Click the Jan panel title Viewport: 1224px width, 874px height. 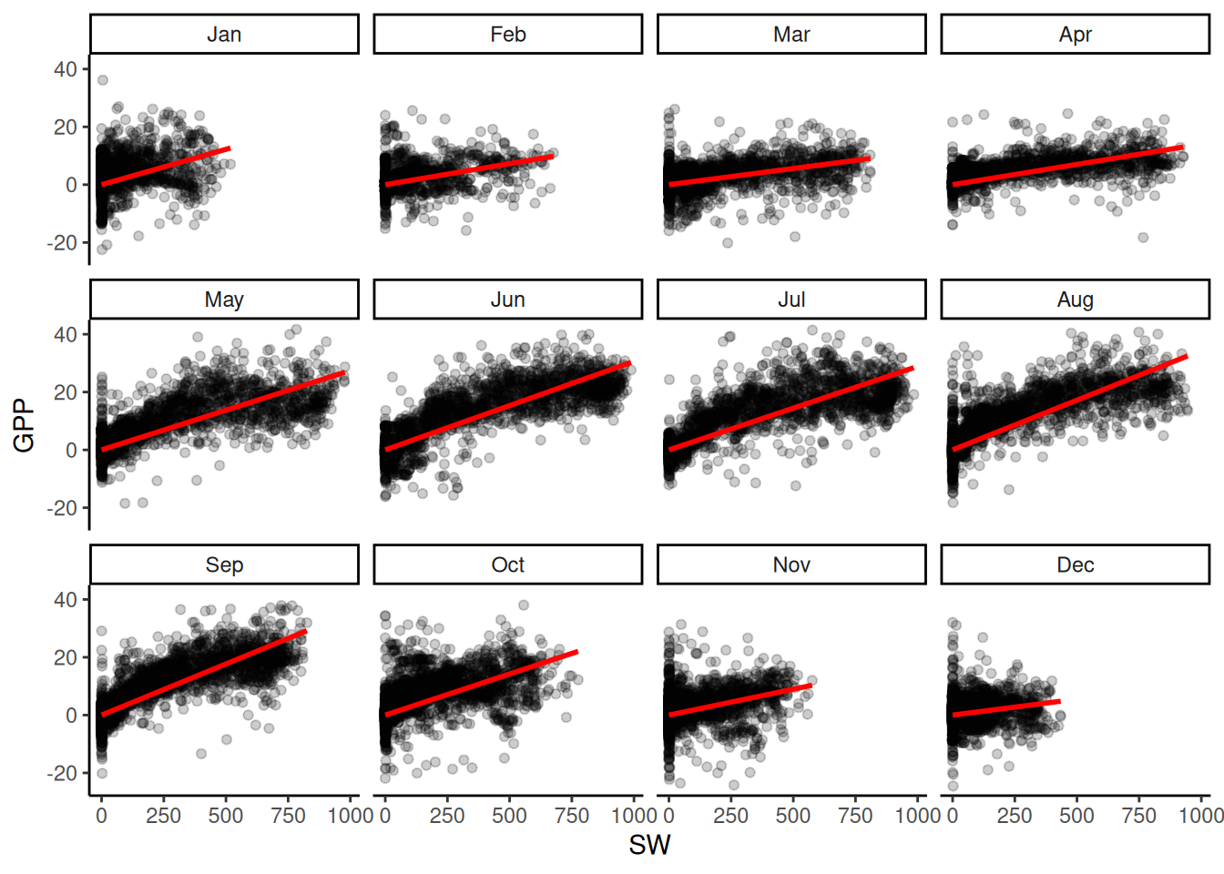click(224, 35)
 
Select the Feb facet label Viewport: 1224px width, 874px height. click(507, 35)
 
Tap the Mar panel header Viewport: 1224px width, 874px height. click(791, 35)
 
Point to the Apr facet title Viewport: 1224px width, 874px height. click(1075, 35)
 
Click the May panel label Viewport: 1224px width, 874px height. click(224, 300)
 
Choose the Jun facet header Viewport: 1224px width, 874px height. click(507, 300)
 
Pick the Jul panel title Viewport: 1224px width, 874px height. click(791, 300)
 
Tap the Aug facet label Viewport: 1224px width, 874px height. click(1075, 300)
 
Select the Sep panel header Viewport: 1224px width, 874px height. click(224, 564)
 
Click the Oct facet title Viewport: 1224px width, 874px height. click(507, 564)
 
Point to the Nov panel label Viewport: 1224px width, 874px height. click(791, 564)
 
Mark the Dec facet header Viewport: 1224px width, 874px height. click(1075, 564)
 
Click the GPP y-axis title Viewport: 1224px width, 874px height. click(25, 425)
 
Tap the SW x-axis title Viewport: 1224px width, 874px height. click(649, 846)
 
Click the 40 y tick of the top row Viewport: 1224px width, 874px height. click(66, 69)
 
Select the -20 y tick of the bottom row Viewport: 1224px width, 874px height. click(62, 773)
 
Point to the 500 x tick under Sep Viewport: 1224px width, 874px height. click(226, 816)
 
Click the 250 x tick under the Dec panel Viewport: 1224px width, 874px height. click(1015, 816)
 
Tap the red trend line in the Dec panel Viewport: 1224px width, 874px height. click(1006, 708)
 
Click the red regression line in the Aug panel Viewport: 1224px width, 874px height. click(1070, 402)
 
